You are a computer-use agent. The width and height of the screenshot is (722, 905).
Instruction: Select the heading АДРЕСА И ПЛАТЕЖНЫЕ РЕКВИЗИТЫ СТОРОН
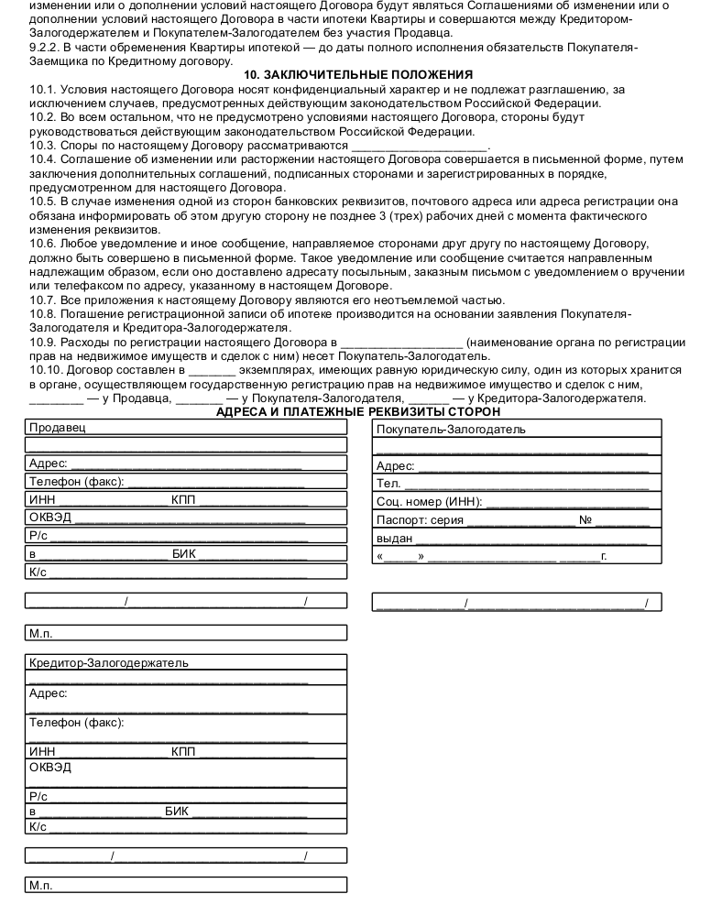(x=358, y=411)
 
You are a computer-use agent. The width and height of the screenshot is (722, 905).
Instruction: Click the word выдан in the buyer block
(x=394, y=538)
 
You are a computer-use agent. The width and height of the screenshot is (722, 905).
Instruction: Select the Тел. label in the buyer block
(x=388, y=484)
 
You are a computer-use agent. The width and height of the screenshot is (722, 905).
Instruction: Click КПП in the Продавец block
(x=183, y=499)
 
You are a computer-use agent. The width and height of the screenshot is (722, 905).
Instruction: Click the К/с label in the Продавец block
(x=38, y=572)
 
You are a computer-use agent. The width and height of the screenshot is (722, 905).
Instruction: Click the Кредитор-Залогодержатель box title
(x=108, y=663)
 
